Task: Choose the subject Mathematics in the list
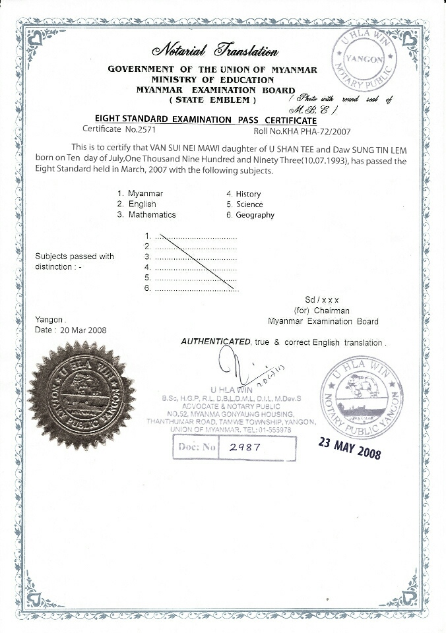pyautogui.click(x=152, y=215)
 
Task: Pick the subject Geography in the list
pyautogui.click(x=255, y=215)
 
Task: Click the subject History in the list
pyautogui.click(x=248, y=194)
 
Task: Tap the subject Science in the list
pyautogui.click(x=249, y=204)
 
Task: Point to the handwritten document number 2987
pyautogui.click(x=241, y=446)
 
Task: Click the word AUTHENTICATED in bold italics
pyautogui.click(x=215, y=342)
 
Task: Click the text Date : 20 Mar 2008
pyautogui.click(x=71, y=330)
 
